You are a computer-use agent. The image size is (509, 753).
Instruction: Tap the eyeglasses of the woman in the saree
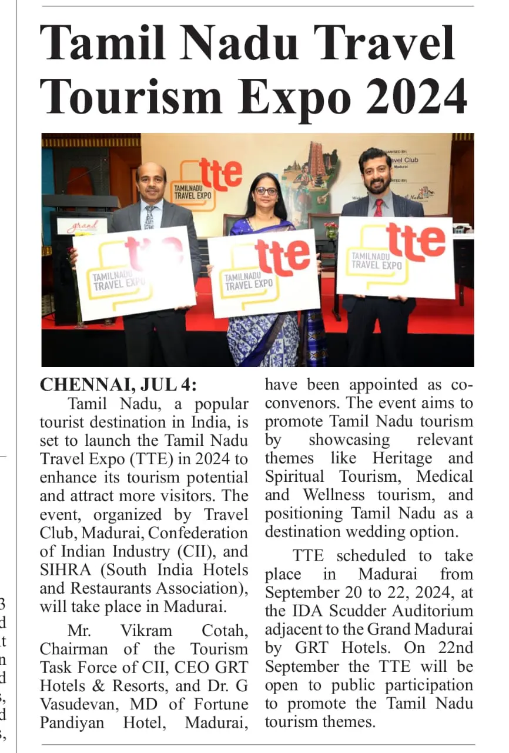[x=266, y=191]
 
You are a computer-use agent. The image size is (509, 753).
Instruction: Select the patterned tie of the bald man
[x=149, y=217]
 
